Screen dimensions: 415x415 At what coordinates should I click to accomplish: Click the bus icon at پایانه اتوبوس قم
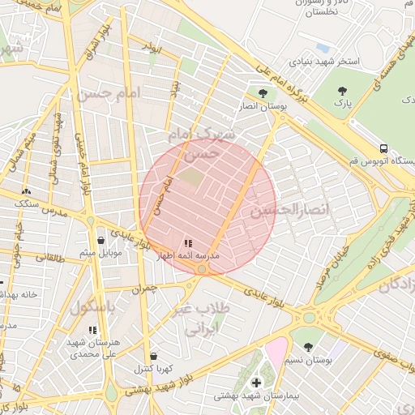coord(383,149)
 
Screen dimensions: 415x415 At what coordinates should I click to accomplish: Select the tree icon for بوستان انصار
coord(262,93)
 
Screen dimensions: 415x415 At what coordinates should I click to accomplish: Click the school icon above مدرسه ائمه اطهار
coord(188,242)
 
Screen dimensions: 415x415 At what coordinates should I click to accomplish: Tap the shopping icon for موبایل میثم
coord(101,240)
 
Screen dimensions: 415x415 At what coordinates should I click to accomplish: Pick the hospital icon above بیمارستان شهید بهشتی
coord(256,383)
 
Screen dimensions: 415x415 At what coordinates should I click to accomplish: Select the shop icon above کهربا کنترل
coord(153,356)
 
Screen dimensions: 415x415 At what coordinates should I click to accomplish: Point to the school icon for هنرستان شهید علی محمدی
coord(92,331)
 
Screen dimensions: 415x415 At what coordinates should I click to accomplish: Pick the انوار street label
coord(152,49)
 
